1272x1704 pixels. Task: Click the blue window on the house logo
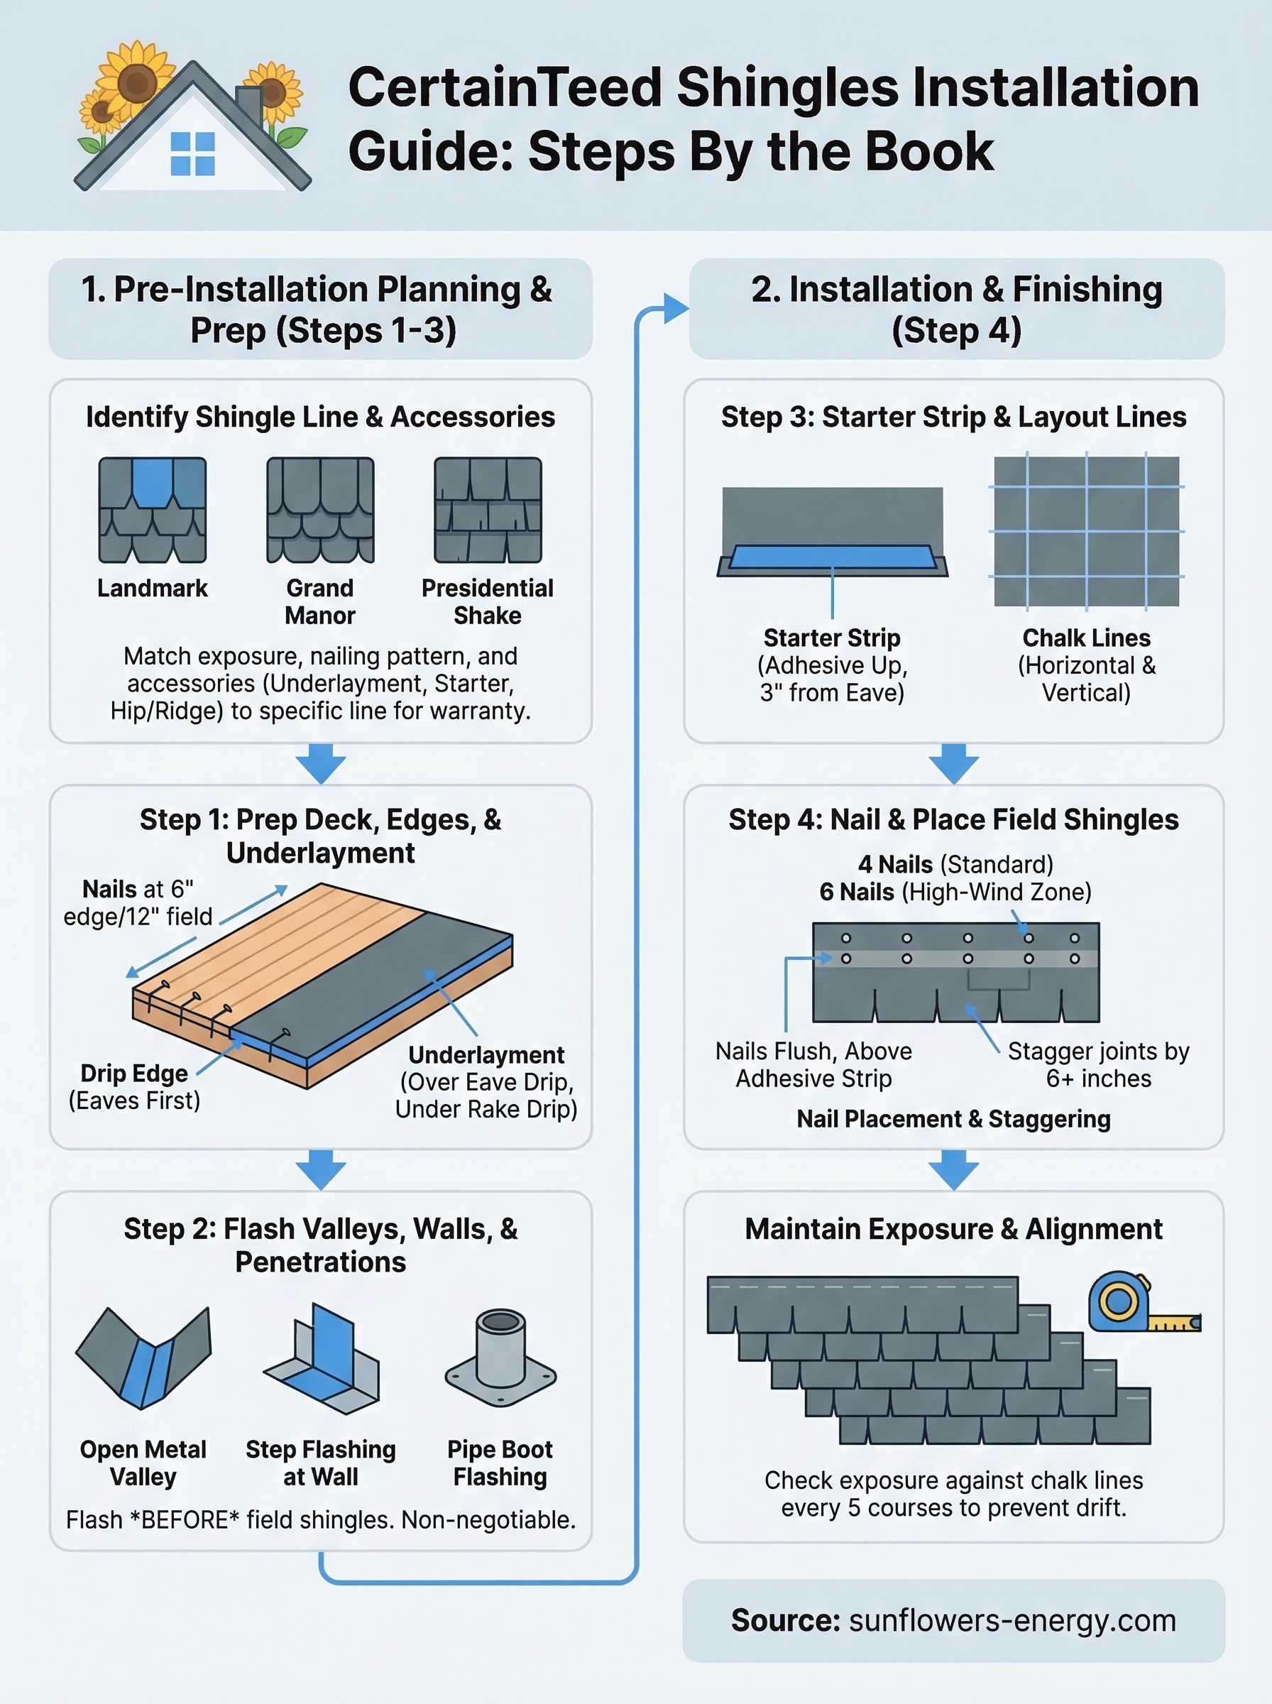coord(192,153)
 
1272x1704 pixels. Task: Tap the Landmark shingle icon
coord(153,510)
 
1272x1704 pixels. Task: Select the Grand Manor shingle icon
coord(320,510)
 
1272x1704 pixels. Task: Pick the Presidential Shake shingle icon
coord(488,510)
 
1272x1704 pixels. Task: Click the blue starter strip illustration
coord(833,557)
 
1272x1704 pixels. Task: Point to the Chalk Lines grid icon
coord(1085,531)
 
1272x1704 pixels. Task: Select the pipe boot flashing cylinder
coord(500,1348)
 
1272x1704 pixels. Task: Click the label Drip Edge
coord(134,1074)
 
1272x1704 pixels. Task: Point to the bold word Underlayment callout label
coord(486,1055)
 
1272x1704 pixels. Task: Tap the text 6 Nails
coord(856,892)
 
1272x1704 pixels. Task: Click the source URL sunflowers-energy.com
coord(1011,1621)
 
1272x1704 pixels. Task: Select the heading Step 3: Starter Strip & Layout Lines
coord(953,417)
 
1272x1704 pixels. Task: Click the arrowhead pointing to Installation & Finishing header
coord(676,308)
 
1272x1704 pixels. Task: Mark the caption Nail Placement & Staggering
coord(953,1119)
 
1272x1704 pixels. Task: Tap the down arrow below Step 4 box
coord(953,1170)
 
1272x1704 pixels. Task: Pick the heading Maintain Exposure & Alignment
coord(953,1229)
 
